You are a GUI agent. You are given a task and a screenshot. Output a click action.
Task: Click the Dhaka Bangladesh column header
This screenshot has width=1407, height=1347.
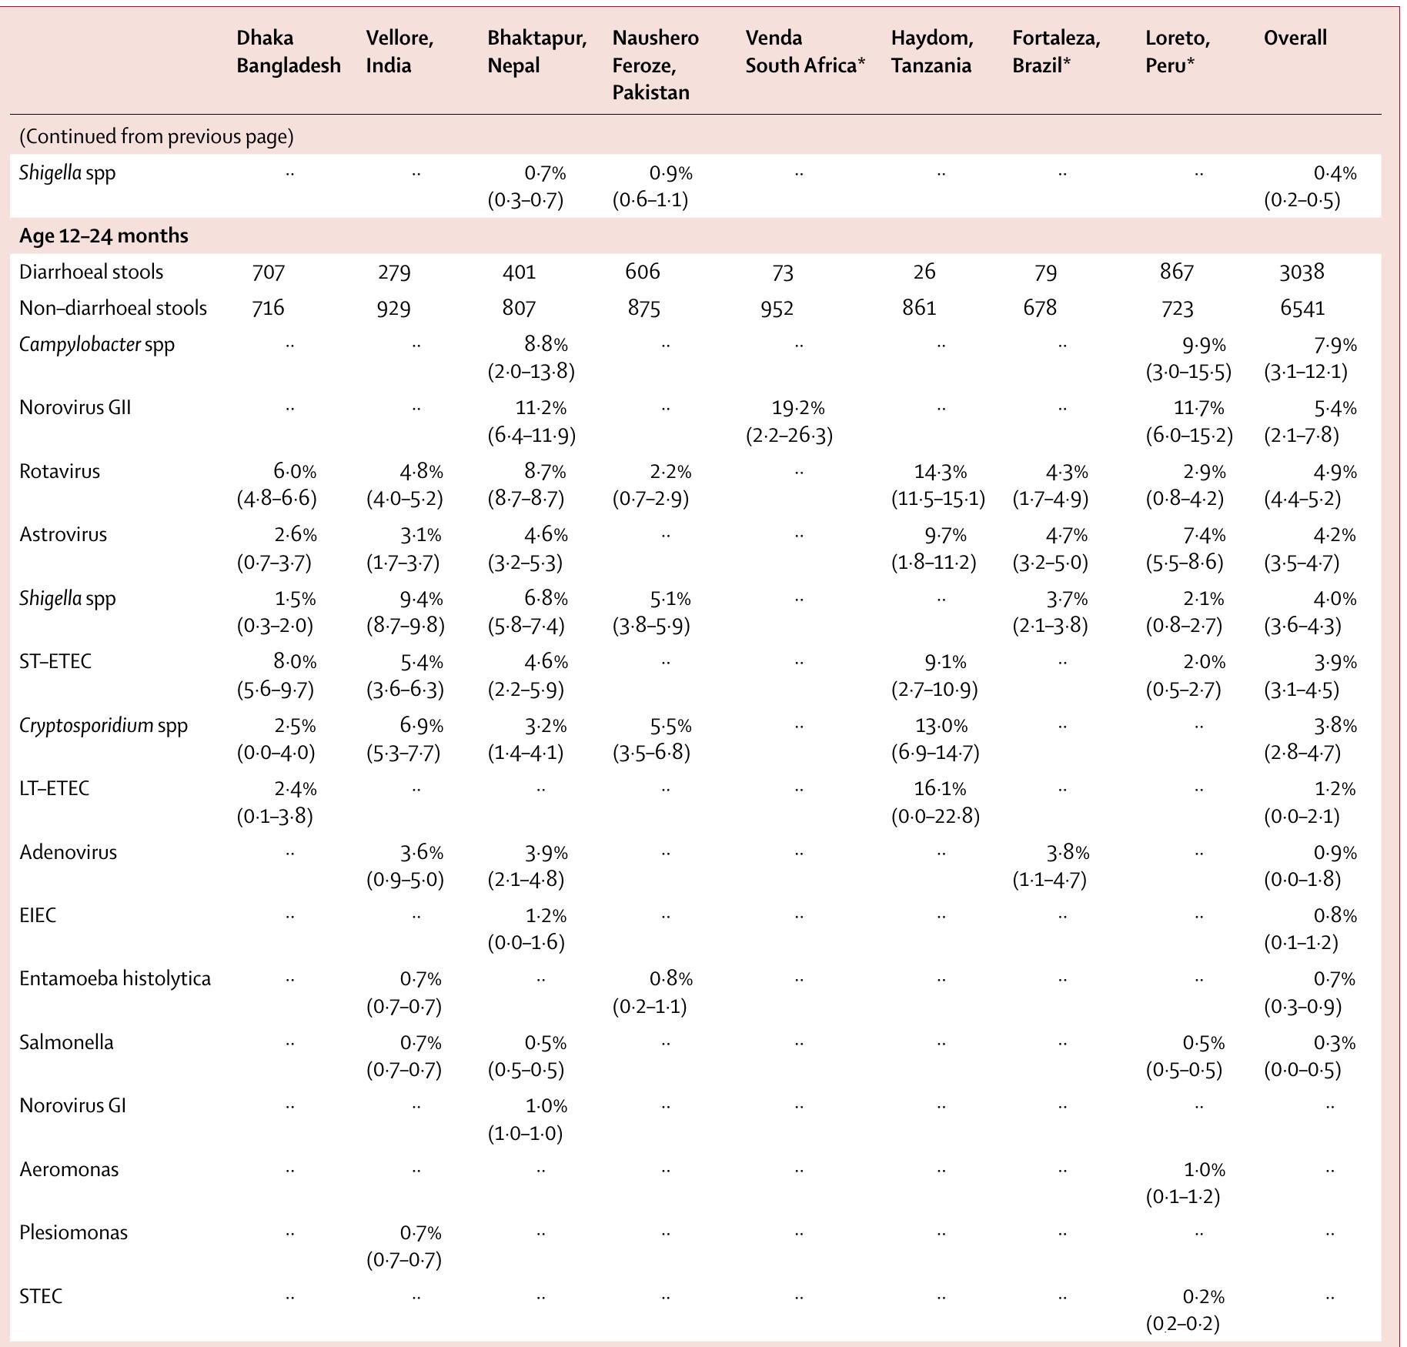pos(288,52)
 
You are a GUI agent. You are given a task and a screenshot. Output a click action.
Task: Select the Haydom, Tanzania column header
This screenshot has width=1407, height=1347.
pos(931,52)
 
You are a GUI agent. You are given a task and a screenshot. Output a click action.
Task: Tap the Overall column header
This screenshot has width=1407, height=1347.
pos(1295,38)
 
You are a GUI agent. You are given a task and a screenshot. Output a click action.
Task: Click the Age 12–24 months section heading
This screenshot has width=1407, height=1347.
pos(104,236)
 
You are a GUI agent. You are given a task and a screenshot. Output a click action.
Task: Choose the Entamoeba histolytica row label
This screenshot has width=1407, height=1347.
pos(115,978)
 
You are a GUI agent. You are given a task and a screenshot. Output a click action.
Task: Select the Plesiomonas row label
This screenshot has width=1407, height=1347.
pos(73,1232)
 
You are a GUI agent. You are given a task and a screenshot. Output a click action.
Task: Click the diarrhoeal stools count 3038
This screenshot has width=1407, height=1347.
pos(1302,272)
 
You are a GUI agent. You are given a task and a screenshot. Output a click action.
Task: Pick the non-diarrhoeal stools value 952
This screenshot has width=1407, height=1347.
pos(777,308)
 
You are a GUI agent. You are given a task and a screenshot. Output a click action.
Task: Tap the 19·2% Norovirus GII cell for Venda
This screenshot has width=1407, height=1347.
pos(797,408)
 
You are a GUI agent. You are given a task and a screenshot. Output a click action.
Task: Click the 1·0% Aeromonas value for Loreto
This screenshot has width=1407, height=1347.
pos(1203,1170)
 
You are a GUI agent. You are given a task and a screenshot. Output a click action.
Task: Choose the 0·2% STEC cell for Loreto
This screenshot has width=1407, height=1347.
pos(1203,1297)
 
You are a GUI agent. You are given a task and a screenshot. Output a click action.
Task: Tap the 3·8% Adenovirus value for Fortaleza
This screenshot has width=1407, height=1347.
pos(1067,852)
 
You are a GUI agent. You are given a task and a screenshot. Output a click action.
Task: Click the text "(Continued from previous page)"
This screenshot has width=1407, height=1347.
pos(156,136)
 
